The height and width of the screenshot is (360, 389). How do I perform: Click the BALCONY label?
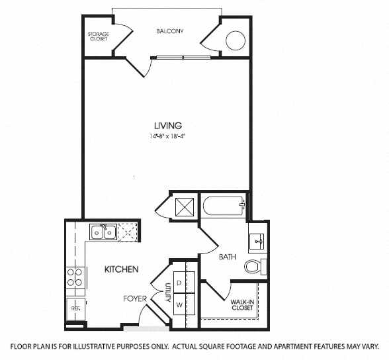(x=170, y=31)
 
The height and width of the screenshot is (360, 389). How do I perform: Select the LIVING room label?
(x=168, y=125)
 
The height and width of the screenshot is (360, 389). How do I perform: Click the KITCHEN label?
(x=121, y=269)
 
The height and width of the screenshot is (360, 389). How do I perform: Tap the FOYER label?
(x=134, y=298)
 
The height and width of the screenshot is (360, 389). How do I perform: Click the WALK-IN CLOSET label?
(x=243, y=305)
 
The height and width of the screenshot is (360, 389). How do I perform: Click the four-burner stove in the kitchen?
(x=75, y=277)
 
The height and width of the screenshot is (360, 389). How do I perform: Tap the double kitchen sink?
(x=104, y=232)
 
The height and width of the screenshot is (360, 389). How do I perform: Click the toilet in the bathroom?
(x=255, y=267)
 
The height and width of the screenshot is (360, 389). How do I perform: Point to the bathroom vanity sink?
(x=257, y=241)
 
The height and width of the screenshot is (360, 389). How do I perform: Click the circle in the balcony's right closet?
(x=236, y=42)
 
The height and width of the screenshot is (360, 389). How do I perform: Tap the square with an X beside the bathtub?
(x=183, y=206)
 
